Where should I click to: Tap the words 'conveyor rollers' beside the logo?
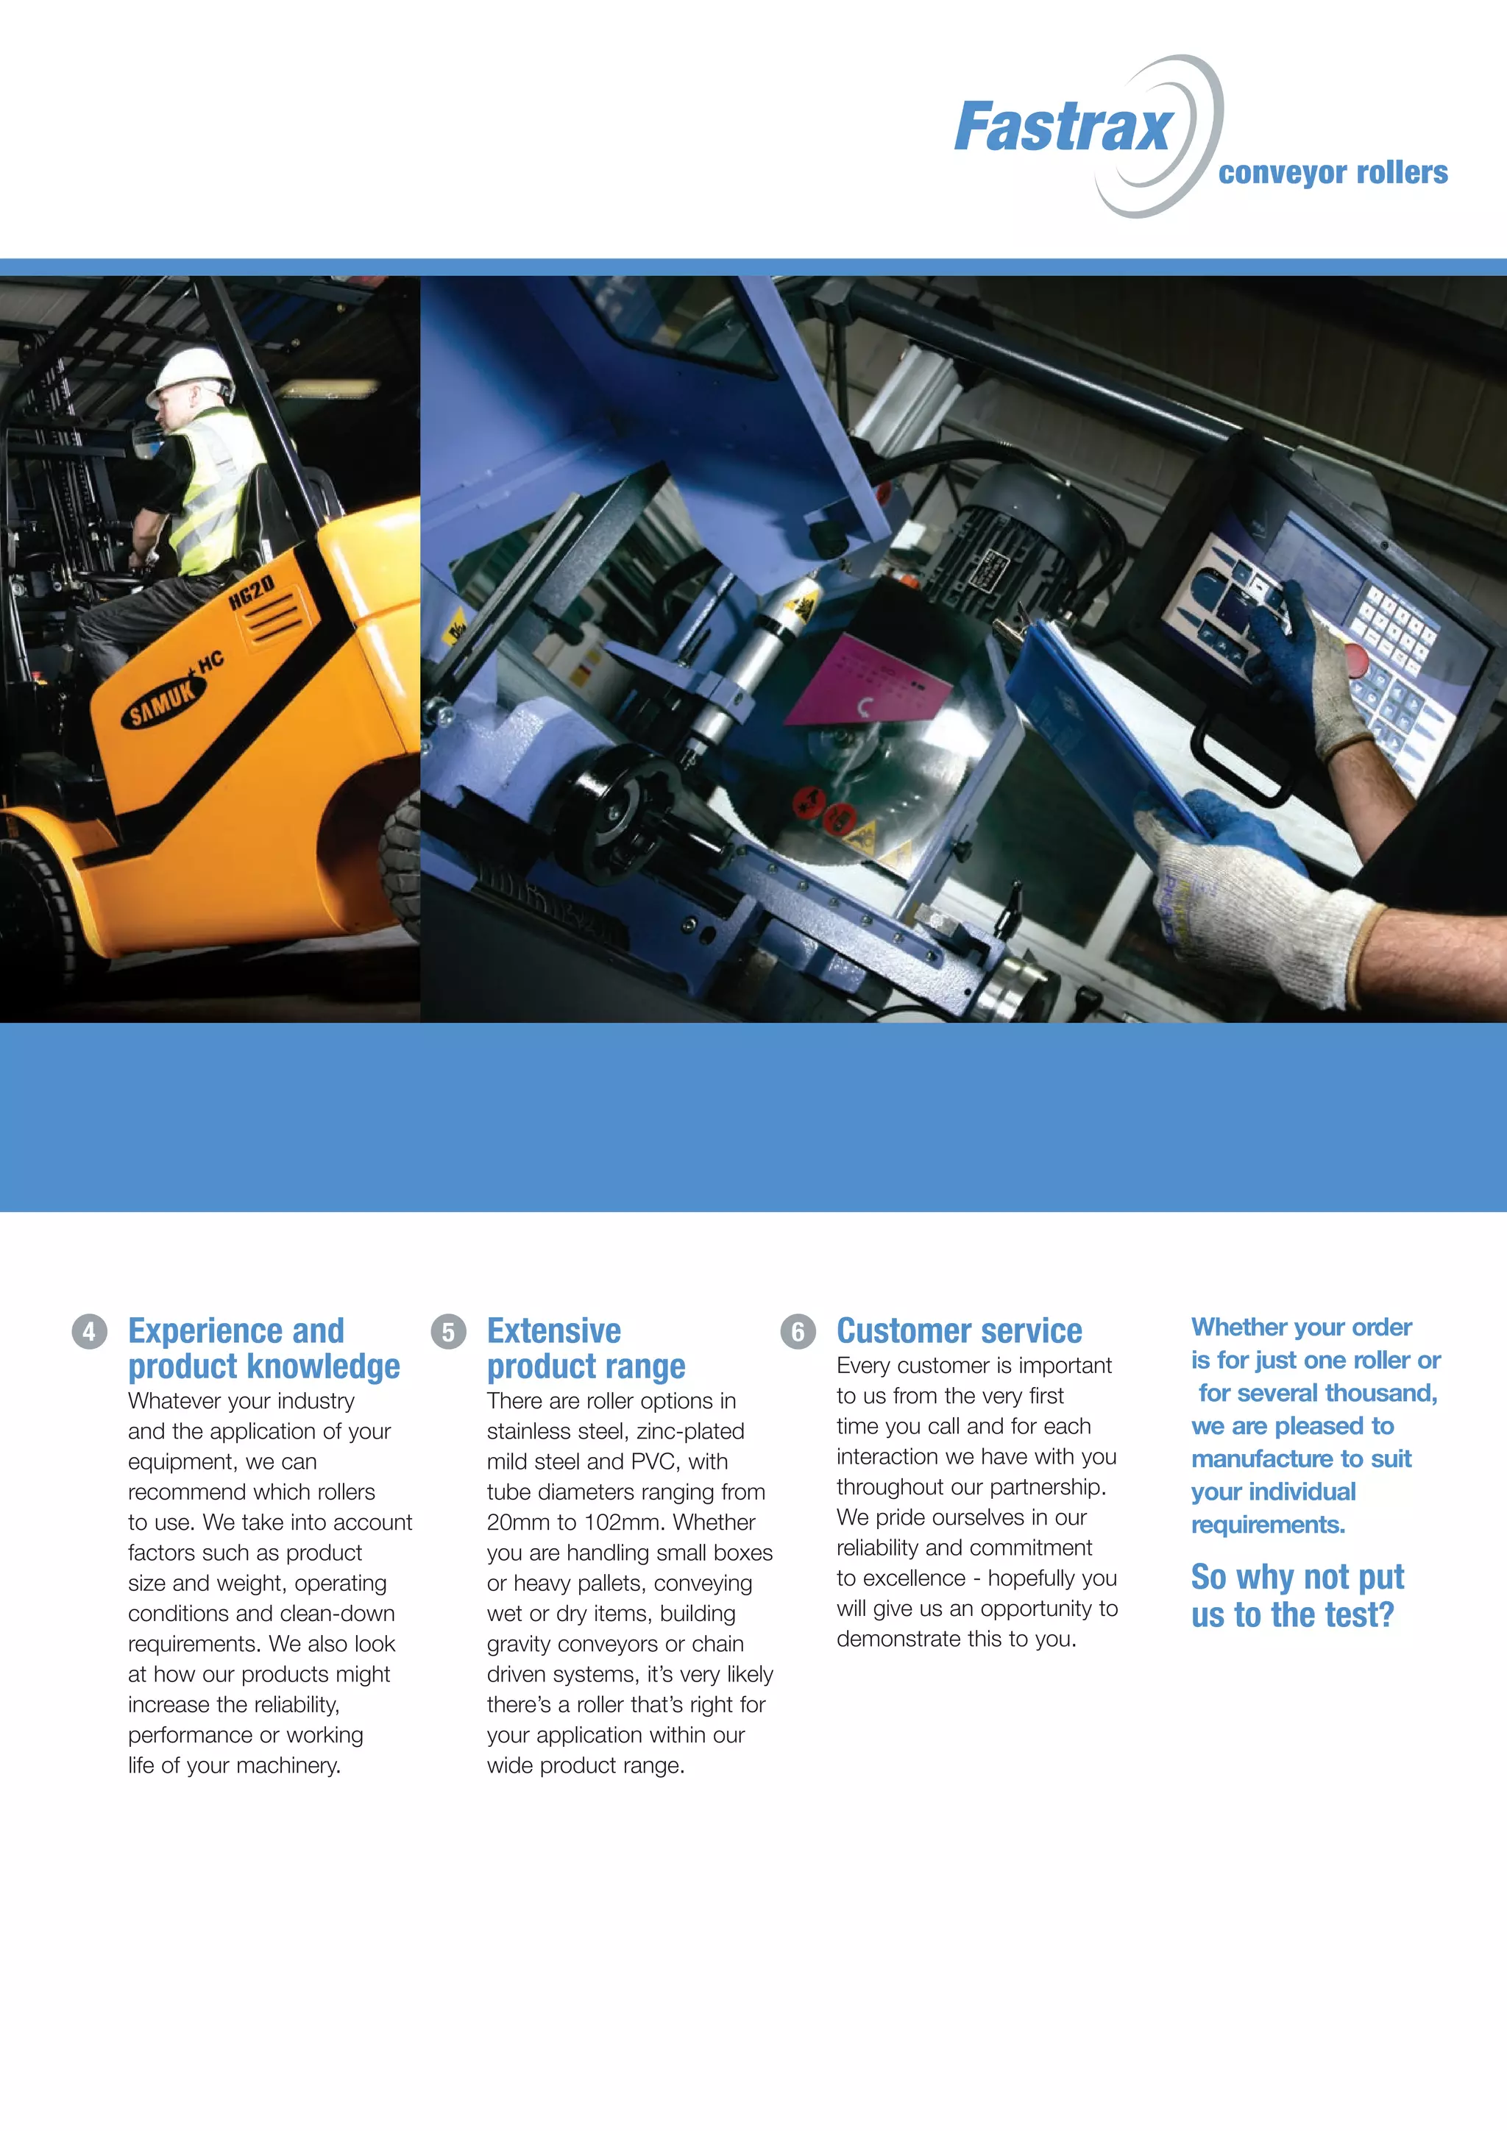pyautogui.click(x=1332, y=173)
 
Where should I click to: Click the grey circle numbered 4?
pyautogui.click(x=89, y=1332)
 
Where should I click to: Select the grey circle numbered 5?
pyautogui.click(x=448, y=1332)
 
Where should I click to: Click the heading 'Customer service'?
pyautogui.click(x=959, y=1331)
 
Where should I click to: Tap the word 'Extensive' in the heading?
pyautogui.click(x=553, y=1331)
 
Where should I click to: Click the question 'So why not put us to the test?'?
pyautogui.click(x=1297, y=1595)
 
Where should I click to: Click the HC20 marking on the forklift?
pyautogui.click(x=252, y=591)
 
